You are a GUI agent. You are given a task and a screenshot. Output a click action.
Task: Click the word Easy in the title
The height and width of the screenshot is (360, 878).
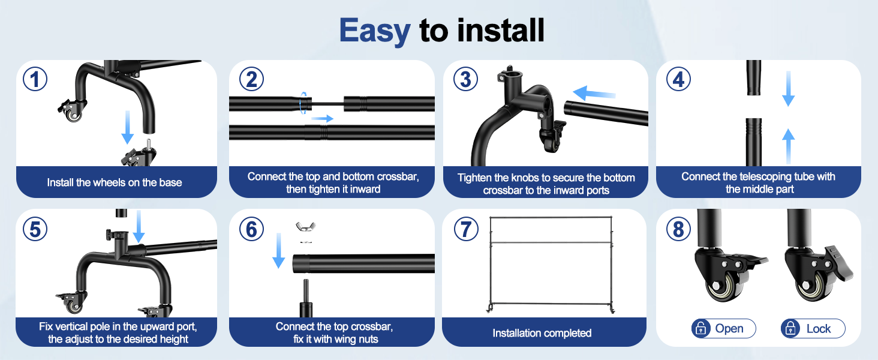(374, 30)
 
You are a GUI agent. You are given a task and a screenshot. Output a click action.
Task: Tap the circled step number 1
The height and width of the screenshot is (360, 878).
(35, 79)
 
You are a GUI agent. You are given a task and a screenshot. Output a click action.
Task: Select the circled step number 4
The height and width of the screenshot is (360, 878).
(678, 79)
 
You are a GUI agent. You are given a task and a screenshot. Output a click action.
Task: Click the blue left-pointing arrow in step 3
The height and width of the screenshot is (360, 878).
(594, 94)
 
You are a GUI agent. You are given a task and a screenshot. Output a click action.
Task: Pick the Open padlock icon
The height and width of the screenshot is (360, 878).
(700, 328)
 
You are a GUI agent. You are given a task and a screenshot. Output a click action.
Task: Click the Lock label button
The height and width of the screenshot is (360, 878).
(813, 328)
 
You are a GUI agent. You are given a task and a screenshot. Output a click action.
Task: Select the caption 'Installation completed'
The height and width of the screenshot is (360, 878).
(542, 333)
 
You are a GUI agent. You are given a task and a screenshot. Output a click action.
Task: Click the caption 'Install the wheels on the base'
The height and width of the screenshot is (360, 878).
(115, 182)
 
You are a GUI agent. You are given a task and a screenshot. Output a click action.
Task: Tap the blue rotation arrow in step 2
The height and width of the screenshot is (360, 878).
(303, 102)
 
